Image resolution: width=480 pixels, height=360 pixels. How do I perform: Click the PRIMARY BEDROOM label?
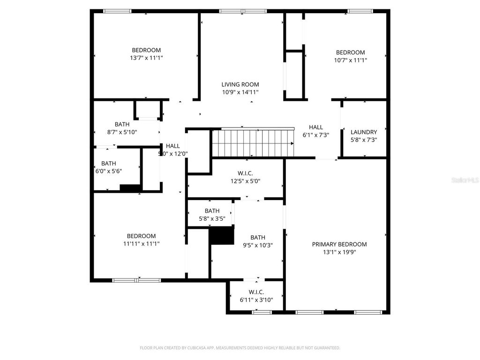pyautogui.click(x=339, y=244)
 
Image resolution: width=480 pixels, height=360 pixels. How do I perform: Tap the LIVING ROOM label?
pyautogui.click(x=240, y=85)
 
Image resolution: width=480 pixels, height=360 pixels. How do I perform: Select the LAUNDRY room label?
pyautogui.click(x=364, y=132)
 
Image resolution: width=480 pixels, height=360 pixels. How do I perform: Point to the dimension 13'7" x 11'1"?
pyautogui.click(x=146, y=58)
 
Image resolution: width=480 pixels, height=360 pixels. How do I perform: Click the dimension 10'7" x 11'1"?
pyautogui.click(x=350, y=60)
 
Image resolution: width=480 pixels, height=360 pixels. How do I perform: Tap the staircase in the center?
pyautogui.click(x=253, y=143)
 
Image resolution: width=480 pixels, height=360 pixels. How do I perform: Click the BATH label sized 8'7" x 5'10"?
pyautogui.click(x=122, y=124)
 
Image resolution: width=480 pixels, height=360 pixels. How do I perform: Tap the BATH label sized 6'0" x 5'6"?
pyautogui.click(x=108, y=163)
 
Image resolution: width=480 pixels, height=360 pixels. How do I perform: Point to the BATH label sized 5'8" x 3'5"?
pyautogui.click(x=212, y=211)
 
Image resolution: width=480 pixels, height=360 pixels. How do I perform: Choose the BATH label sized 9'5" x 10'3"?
pyautogui.click(x=257, y=238)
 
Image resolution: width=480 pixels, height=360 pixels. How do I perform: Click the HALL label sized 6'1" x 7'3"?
pyautogui.click(x=315, y=127)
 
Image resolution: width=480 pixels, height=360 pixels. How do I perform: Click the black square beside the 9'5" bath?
pyautogui.click(x=221, y=235)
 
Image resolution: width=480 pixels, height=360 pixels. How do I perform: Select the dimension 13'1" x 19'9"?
pyautogui.click(x=339, y=252)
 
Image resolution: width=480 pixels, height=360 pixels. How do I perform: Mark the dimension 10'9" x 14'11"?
pyautogui.click(x=240, y=92)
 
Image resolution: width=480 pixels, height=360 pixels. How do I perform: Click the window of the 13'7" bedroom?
pyautogui.click(x=117, y=11)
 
